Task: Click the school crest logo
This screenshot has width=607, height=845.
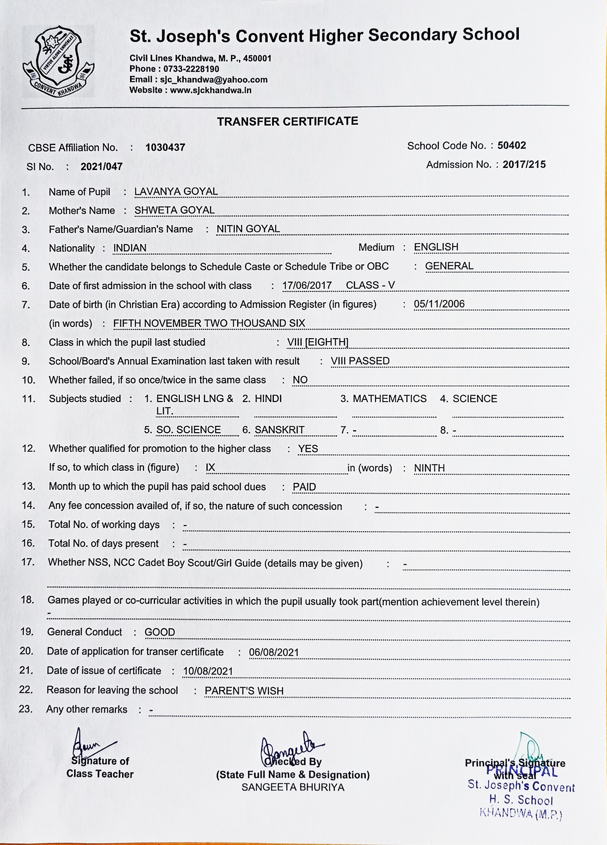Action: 58,60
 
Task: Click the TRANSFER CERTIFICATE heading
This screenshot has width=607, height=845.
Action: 287,121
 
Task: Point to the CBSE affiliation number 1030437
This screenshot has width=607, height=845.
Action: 165,148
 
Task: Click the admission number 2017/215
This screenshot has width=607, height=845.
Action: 524,165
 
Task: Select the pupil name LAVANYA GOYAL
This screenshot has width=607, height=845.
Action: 176,192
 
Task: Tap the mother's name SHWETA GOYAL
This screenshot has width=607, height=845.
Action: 174,210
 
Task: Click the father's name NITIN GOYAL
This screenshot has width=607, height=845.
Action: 248,229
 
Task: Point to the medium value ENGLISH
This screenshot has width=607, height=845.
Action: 436,247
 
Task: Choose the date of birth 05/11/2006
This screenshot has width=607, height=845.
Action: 439,304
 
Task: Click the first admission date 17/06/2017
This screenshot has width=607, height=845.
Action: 307,286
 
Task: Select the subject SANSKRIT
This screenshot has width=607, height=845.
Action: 279,430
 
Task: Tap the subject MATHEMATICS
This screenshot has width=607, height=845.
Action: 389,399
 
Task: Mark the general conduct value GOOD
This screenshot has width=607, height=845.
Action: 160,632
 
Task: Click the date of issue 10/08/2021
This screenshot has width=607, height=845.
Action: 208,671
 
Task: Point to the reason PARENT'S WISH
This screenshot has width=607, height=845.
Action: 244,691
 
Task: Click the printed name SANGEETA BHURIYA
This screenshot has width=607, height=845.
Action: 293,787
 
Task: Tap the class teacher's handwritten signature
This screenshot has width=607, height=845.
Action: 90,745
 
